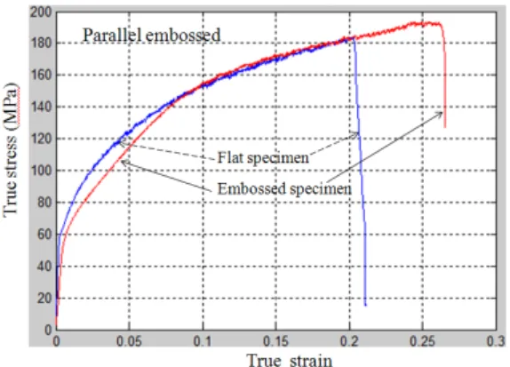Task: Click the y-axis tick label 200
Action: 41,12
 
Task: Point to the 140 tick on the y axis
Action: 41,107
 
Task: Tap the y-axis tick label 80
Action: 44,203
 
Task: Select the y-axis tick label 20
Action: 44,298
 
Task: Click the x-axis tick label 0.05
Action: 129,341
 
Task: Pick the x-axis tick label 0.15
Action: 275,341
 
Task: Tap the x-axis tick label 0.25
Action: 423,341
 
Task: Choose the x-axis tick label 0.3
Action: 496,341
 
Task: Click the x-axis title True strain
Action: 290,360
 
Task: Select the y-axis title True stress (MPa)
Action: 11,149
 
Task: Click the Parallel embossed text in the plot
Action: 152,36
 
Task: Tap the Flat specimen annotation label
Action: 263,158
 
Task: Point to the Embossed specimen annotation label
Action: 284,188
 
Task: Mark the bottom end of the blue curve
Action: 365,305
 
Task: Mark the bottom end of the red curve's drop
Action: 445,127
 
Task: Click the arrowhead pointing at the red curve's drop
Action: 440,114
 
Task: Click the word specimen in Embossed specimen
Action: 321,189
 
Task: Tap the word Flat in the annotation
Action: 230,157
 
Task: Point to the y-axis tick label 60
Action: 44,235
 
